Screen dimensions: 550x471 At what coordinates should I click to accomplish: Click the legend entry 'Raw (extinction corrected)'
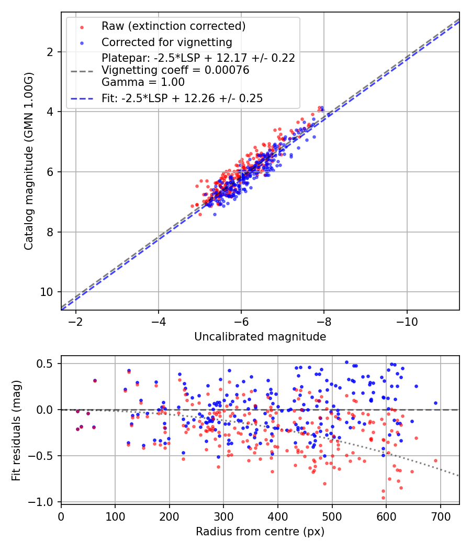pyautogui.click(x=173, y=26)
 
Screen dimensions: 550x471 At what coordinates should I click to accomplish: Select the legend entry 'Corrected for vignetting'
pyautogui.click(x=166, y=42)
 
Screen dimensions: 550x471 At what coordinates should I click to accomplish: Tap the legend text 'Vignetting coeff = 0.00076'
pyautogui.click(x=175, y=70)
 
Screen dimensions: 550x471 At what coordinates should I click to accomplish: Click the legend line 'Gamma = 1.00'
pyautogui.click(x=143, y=82)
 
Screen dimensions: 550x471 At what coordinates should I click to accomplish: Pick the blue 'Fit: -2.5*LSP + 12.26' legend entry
pyautogui.click(x=182, y=98)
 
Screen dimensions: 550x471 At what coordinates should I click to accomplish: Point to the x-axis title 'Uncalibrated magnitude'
pyautogui.click(x=260, y=337)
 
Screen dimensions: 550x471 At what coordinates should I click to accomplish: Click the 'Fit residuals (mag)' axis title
pyautogui.click(x=16, y=430)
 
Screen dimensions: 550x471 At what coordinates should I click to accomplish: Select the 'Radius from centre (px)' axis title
pyautogui.click(x=260, y=532)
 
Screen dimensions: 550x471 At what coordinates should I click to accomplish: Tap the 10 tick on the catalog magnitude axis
pyautogui.click(x=49, y=292)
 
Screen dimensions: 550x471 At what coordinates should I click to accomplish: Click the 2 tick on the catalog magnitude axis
pyautogui.click(x=51, y=52)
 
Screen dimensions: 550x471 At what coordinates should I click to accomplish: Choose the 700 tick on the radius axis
pyautogui.click(x=440, y=516)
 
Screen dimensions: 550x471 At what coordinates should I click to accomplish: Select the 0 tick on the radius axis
pyautogui.click(x=61, y=516)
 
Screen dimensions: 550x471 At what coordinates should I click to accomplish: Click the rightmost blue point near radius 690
pyautogui.click(x=435, y=403)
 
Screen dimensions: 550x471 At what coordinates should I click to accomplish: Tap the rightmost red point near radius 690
pyautogui.click(x=435, y=461)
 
